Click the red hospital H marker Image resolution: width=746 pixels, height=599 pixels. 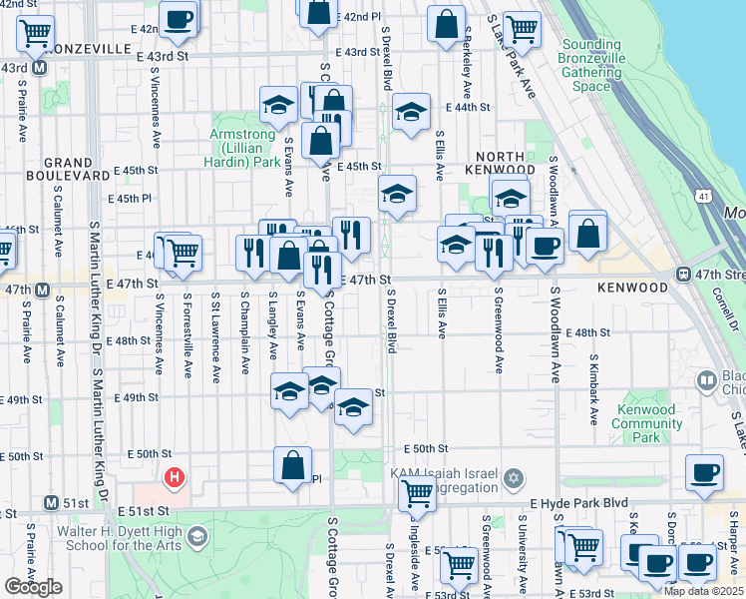pos(175,478)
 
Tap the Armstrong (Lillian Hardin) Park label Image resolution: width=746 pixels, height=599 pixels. pos(245,147)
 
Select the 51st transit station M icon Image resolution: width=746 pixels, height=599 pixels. pos(52,501)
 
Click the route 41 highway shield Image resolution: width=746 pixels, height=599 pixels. pos(705,198)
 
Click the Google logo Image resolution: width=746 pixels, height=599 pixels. pos(33,586)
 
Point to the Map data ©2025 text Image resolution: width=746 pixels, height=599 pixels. pos(703,591)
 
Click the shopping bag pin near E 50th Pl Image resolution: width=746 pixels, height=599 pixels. pos(292,465)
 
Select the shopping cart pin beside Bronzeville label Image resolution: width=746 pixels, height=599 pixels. pos(36,33)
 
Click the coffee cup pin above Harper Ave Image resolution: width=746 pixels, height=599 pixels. pos(705,472)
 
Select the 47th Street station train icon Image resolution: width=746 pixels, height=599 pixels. pos(684,274)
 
